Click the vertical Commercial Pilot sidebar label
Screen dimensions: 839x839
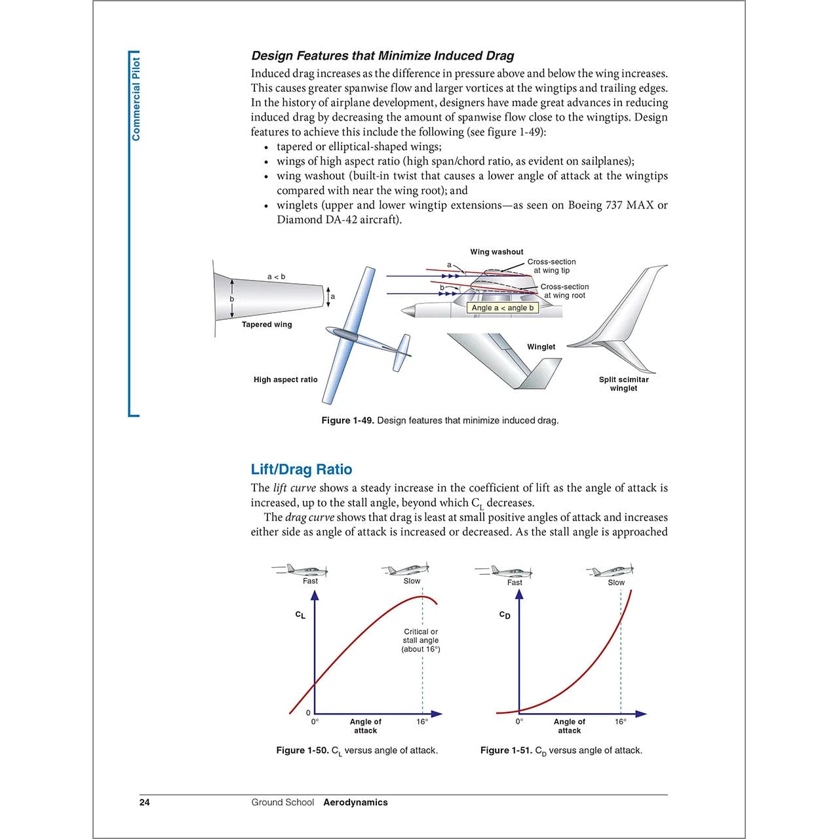point(136,99)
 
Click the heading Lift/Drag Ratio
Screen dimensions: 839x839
point(301,469)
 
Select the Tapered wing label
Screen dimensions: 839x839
point(267,324)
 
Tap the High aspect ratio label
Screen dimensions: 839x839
point(285,380)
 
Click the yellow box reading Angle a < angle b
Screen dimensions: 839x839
point(503,308)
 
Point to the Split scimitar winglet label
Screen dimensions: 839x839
point(623,383)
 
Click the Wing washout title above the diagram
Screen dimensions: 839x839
point(496,252)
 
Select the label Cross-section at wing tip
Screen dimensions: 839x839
point(551,265)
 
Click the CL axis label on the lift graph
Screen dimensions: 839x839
point(300,615)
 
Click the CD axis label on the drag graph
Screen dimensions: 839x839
point(505,615)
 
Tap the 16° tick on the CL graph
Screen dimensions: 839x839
point(422,722)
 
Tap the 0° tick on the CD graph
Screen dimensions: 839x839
point(519,722)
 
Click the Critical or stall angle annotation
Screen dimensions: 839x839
point(421,640)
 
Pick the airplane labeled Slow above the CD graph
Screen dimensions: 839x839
point(611,570)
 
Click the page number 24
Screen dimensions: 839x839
point(144,802)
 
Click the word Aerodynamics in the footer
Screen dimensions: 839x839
point(355,802)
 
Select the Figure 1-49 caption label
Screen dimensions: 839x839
point(347,421)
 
